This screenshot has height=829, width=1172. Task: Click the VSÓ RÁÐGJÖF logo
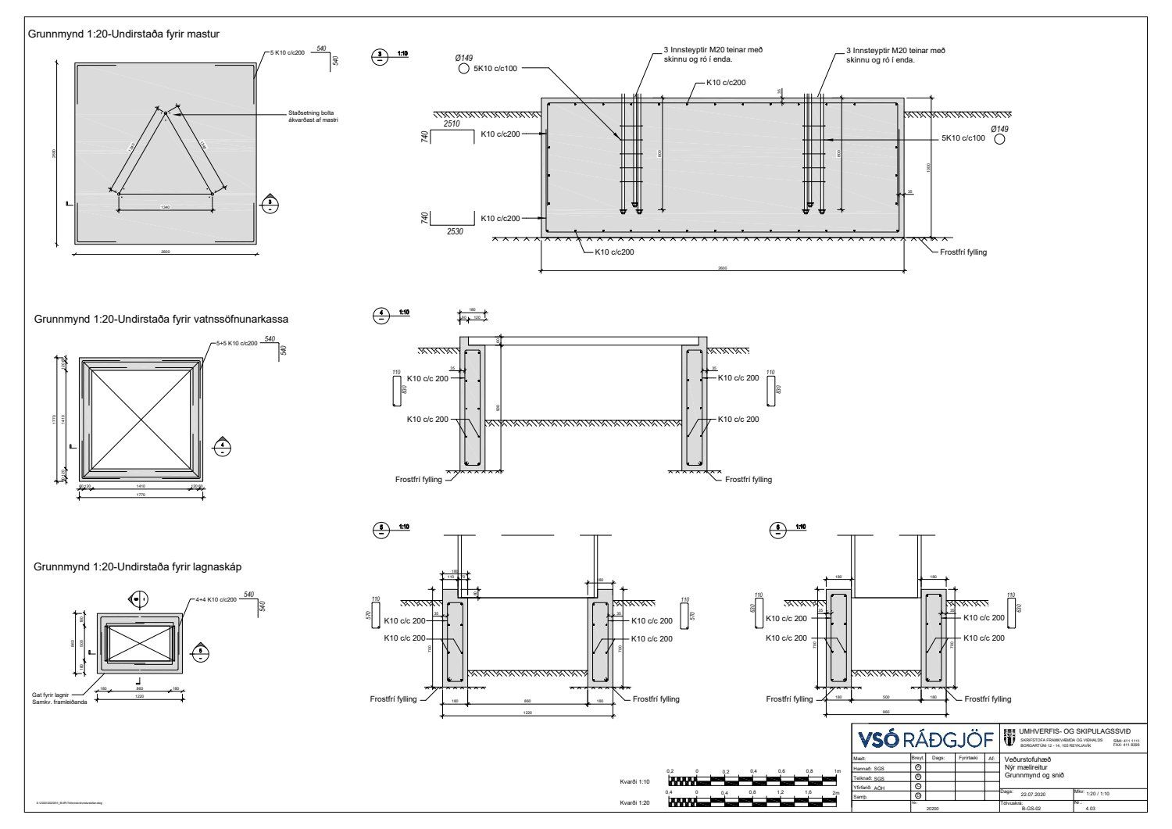(925, 739)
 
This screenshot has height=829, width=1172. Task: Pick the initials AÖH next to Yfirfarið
(880, 788)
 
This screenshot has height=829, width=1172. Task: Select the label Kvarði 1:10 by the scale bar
(634, 781)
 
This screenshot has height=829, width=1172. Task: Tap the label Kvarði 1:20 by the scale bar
(634, 802)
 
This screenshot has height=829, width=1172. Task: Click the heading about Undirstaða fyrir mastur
(123, 34)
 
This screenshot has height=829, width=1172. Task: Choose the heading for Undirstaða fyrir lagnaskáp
(132, 566)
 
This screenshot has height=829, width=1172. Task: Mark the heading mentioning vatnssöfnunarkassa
(161, 320)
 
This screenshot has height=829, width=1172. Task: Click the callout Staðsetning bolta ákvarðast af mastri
(317, 117)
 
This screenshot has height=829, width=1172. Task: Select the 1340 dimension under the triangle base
(165, 207)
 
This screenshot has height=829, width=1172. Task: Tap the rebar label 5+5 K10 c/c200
(237, 343)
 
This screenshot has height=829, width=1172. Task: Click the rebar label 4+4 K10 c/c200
(216, 599)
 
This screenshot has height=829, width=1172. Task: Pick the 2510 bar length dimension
(451, 124)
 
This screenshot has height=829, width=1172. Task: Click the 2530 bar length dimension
(454, 232)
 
